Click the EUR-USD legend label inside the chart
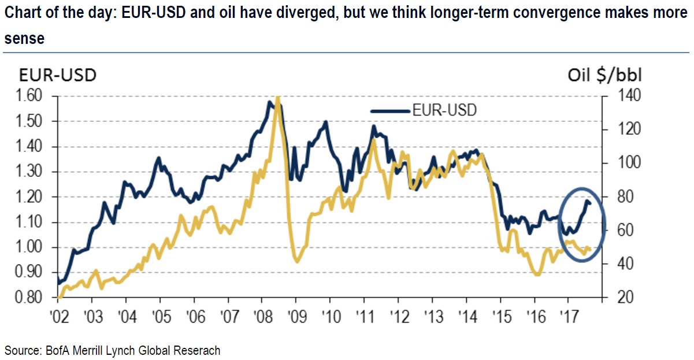tap(444, 110)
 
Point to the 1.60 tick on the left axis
tap(27, 96)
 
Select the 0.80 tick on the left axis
tap(27, 298)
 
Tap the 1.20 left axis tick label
tap(27, 197)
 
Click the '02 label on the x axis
tap(58, 317)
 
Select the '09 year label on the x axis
tap(296, 317)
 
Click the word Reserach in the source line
tap(197, 350)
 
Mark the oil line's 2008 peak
tap(278, 98)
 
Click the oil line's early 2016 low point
tap(537, 274)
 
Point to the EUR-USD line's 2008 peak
tap(270, 102)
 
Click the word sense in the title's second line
tap(24, 39)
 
